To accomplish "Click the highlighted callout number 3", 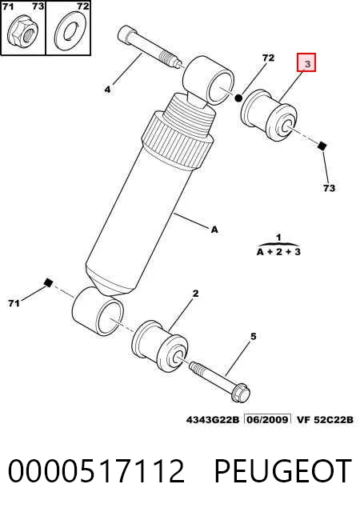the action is [x=306, y=62].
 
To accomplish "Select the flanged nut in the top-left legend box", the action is [x=23, y=32].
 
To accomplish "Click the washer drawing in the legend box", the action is [x=69, y=31].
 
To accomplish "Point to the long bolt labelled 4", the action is [x=150, y=48].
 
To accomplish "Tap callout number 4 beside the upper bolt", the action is [x=107, y=89].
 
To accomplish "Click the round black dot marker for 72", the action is [x=238, y=98].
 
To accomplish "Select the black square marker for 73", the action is [x=322, y=146].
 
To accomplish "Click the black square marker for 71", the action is [x=48, y=282].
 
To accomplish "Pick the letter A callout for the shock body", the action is [x=214, y=230].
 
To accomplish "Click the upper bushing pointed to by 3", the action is [x=269, y=115].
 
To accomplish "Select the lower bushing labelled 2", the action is [x=160, y=346].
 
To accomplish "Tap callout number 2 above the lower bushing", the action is [x=195, y=294].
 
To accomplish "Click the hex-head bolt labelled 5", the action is [x=220, y=381].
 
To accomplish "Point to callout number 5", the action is [x=254, y=336].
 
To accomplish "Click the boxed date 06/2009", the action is [x=268, y=419].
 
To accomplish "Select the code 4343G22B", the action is [x=213, y=419].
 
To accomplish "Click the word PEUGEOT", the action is [x=283, y=470].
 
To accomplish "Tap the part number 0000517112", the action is [x=96, y=470].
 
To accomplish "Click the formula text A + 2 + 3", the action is [x=278, y=252].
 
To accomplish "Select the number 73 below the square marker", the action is [x=329, y=188].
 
